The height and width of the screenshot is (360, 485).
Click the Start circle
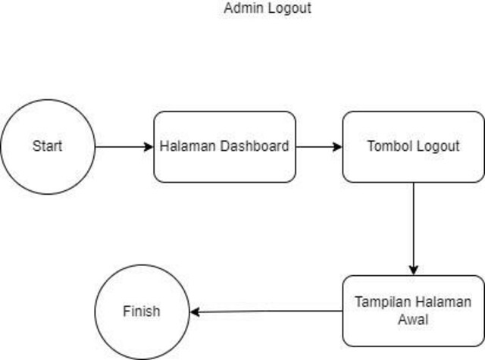(48, 146)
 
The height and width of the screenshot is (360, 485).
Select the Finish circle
(142, 311)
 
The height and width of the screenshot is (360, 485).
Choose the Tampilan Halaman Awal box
(413, 311)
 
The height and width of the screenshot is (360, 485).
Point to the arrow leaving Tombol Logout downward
(413, 227)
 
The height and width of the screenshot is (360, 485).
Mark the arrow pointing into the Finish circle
(265, 311)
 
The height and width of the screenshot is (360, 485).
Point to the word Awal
(413, 320)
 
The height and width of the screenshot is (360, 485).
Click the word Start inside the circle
(48, 146)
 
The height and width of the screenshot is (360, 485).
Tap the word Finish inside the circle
(142, 311)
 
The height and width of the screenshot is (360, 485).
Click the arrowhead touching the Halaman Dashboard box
(149, 146)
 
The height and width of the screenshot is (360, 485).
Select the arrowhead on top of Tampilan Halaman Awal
(413, 270)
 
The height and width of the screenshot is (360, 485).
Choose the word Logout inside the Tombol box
(436, 146)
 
